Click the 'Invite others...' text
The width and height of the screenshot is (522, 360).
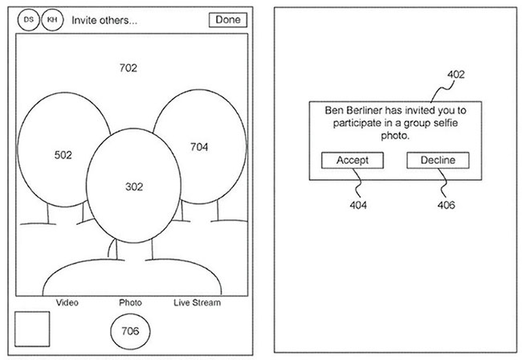pyautogui.click(x=104, y=21)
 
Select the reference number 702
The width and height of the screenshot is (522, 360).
pyautogui.click(x=128, y=68)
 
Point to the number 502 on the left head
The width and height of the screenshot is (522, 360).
pyautogui.click(x=63, y=155)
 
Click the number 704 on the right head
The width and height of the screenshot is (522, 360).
pyautogui.click(x=198, y=147)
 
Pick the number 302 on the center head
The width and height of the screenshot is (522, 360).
pyautogui.click(x=134, y=186)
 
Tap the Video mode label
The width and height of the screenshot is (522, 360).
pyautogui.click(x=67, y=302)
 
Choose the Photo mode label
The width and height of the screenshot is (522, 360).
pyautogui.click(x=130, y=302)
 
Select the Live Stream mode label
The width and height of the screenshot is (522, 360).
pyautogui.click(x=197, y=302)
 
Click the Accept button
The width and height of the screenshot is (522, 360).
pyautogui.click(x=353, y=161)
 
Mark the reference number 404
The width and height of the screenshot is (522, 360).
pyautogui.click(x=359, y=205)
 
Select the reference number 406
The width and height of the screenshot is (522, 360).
pyautogui.click(x=446, y=205)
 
